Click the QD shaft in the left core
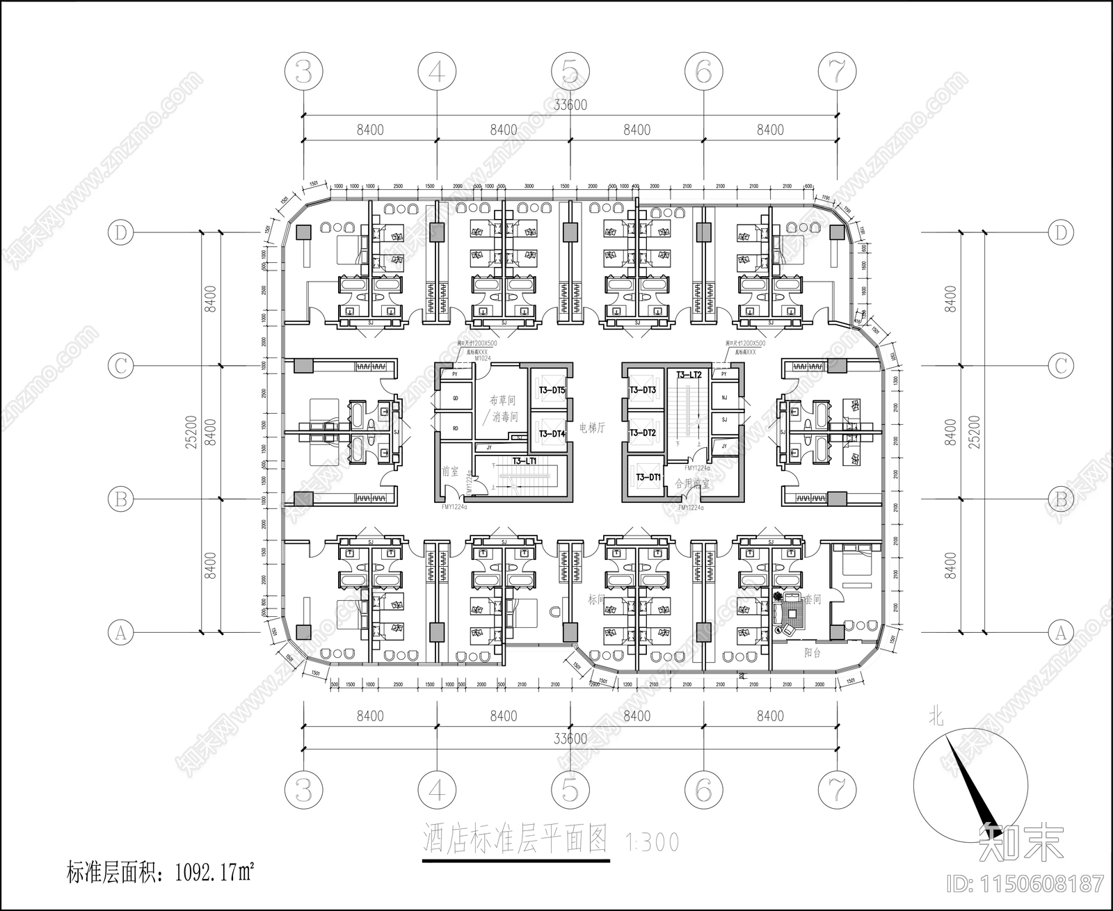[x=456, y=398]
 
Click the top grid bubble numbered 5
[x=570, y=72]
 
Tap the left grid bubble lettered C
[x=121, y=366]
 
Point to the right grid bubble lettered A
[x=1061, y=632]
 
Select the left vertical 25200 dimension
[x=192, y=432]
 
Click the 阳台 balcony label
[x=812, y=652]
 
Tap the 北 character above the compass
[x=937, y=717]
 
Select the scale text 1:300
[x=652, y=841]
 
